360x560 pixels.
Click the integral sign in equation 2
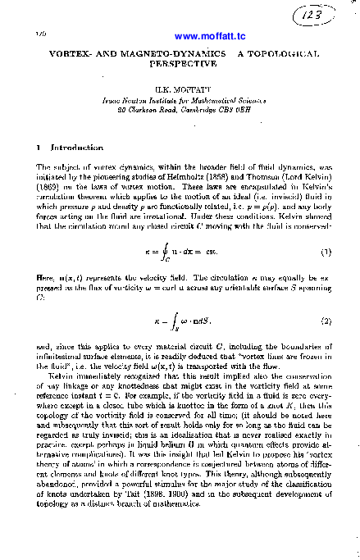click(168, 320)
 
